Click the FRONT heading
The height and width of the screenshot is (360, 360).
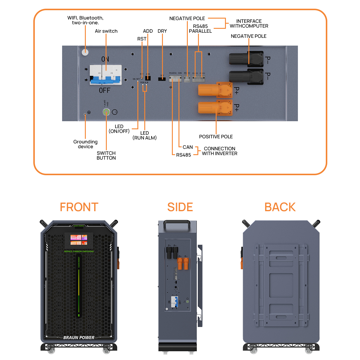coord(79,207)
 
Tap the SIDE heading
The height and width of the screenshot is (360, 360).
coord(180,207)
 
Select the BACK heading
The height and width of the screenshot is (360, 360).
coord(280,207)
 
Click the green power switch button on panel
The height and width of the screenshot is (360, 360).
coord(106,112)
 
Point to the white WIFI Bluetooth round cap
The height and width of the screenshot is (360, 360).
coord(85,52)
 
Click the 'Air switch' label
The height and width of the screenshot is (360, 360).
coord(106,31)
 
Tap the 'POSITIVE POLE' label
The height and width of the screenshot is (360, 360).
coord(216,137)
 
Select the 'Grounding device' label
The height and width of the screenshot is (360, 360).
coord(85,144)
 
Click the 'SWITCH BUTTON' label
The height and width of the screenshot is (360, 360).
coord(106,155)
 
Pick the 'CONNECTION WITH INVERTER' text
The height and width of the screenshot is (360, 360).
coord(220,151)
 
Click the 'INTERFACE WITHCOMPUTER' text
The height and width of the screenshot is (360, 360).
coord(249,24)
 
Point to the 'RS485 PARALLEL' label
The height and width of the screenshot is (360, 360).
coord(200,29)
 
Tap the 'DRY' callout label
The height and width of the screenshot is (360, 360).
coord(162,31)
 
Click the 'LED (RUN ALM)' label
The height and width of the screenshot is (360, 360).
coord(145,135)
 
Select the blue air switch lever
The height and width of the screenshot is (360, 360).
coord(106,80)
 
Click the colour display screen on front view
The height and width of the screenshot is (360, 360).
coord(79,240)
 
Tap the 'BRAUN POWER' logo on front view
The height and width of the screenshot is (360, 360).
coord(79,337)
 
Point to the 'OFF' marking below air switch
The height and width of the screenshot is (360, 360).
coord(105,90)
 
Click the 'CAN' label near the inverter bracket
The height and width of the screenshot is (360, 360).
coord(188,147)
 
